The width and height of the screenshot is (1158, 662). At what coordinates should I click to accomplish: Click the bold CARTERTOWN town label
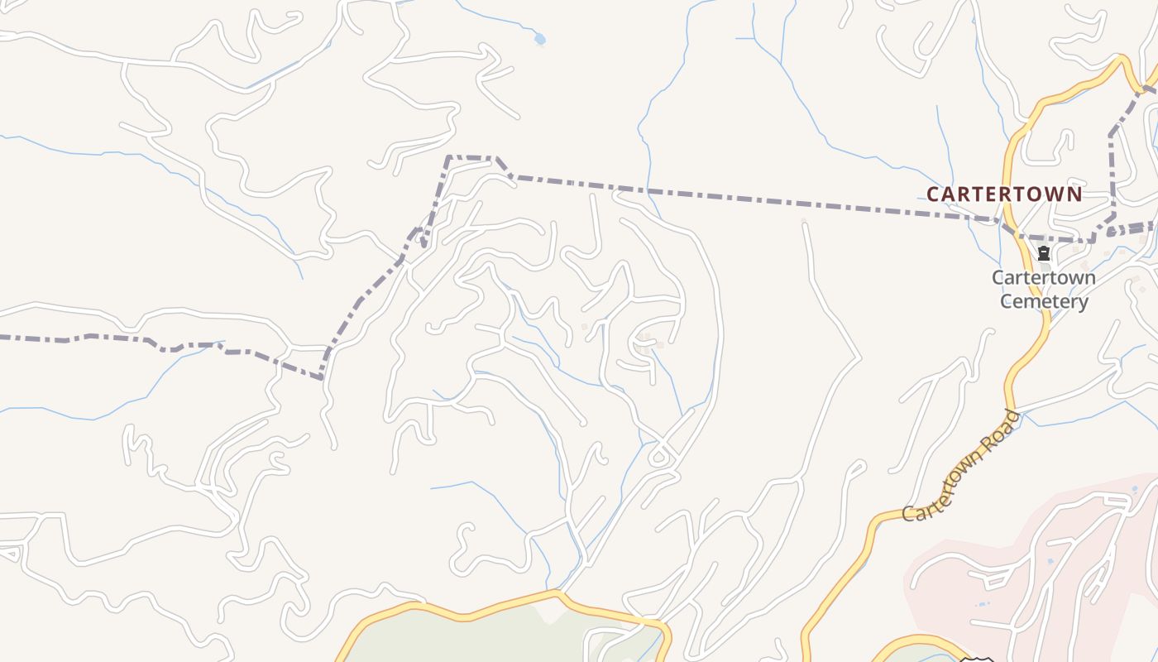pyautogui.click(x=1003, y=194)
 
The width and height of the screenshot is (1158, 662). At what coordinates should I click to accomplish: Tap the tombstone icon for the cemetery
pyautogui.click(x=1044, y=253)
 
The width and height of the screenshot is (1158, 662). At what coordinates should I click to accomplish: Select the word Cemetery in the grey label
pyautogui.click(x=1044, y=301)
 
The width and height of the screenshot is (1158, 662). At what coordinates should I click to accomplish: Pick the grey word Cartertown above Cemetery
pyautogui.click(x=1044, y=277)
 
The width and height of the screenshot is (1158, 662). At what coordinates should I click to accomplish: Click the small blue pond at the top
pyautogui.click(x=540, y=38)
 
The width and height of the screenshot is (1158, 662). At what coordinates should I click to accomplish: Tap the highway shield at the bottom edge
pyautogui.click(x=976, y=660)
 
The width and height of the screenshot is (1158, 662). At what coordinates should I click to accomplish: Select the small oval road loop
pyautogui.click(x=659, y=456)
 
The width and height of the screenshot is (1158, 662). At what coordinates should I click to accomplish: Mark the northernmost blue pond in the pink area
pyautogui.click(x=1134, y=501)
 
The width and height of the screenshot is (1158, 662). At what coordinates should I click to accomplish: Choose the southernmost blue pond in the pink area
pyautogui.click(x=982, y=604)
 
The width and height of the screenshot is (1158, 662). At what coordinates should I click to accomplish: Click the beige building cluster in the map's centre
pyautogui.click(x=645, y=342)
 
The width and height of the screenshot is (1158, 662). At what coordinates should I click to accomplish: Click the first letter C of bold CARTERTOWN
pyautogui.click(x=933, y=194)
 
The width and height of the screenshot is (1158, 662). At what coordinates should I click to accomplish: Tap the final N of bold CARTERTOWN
pyautogui.click(x=1074, y=194)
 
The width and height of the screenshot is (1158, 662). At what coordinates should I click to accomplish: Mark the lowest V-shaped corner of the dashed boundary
pyautogui.click(x=322, y=378)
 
